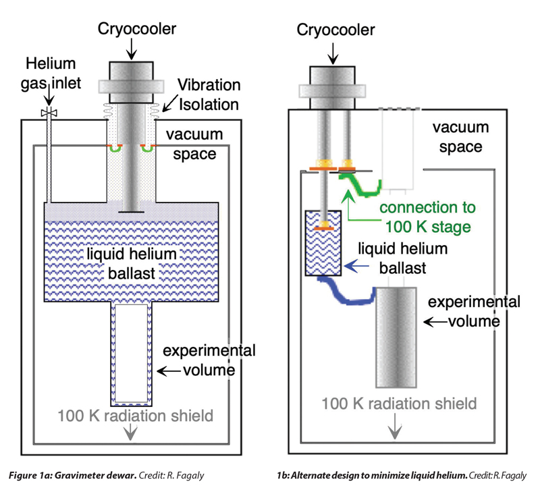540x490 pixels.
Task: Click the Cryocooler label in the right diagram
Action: [335, 29]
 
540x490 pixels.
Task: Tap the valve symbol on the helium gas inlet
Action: [47, 113]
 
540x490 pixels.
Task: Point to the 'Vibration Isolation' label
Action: [209, 94]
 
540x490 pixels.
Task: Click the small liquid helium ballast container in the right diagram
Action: [324, 244]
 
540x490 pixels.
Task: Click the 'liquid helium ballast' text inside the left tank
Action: [132, 264]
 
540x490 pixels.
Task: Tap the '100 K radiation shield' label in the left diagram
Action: [136, 414]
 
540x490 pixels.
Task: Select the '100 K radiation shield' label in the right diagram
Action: [399, 404]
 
